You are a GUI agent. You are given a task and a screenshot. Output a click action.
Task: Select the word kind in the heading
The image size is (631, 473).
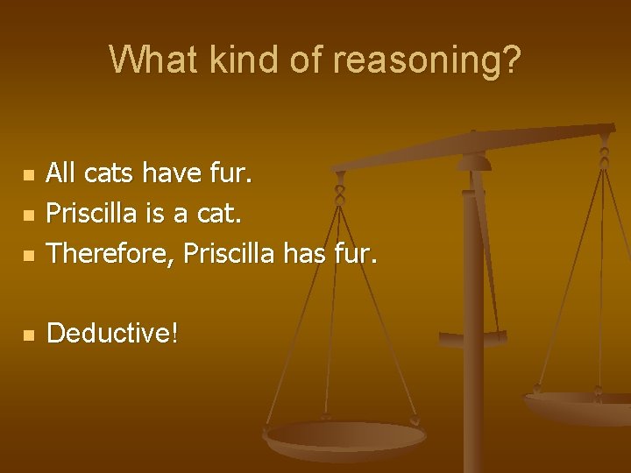(230, 60)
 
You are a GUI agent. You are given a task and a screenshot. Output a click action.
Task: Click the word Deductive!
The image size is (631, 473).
(112, 333)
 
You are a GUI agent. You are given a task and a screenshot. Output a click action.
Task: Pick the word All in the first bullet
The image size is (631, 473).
(60, 173)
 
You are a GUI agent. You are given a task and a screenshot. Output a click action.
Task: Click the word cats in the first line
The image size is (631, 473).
(107, 173)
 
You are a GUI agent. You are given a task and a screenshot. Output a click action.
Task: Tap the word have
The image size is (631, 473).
(174, 173)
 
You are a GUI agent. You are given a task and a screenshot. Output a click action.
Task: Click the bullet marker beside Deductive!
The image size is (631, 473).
(29, 335)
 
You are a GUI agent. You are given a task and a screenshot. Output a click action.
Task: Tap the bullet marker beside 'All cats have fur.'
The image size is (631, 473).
(29, 175)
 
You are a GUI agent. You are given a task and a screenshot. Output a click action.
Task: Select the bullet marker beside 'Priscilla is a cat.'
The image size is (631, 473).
(29, 215)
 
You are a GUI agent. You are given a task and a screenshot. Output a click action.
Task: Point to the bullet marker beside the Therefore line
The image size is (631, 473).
(29, 255)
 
